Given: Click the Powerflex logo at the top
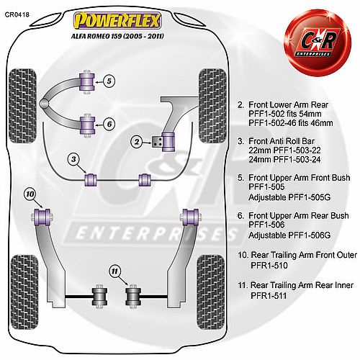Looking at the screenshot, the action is point(117,20).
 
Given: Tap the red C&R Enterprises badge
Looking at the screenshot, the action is point(318,42).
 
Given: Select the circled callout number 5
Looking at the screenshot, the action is point(109,81).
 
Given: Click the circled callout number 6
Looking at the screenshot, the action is point(109,124).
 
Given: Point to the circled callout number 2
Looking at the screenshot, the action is point(137,142).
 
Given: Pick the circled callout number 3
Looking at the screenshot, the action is point(73,159).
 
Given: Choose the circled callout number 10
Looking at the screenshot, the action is point(30,194).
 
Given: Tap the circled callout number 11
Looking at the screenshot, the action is point(115,271).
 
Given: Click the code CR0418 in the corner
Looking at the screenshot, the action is point(17,14).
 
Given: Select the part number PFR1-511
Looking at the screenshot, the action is point(269,296).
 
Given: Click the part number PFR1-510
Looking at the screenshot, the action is point(269,266).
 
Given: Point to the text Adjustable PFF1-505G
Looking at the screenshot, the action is point(289,197).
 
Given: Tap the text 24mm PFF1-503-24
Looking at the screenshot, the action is point(284,159).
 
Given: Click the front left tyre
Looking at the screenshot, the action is point(22,106).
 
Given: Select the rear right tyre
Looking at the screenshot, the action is point(211,292).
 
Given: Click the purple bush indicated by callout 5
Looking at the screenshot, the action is point(87,81).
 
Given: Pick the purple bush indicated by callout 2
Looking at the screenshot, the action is point(168,142).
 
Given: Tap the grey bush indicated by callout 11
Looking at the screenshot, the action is point(132,297).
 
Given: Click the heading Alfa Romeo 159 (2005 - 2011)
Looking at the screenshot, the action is point(117,36).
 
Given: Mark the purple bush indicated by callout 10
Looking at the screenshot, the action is point(42,217).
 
